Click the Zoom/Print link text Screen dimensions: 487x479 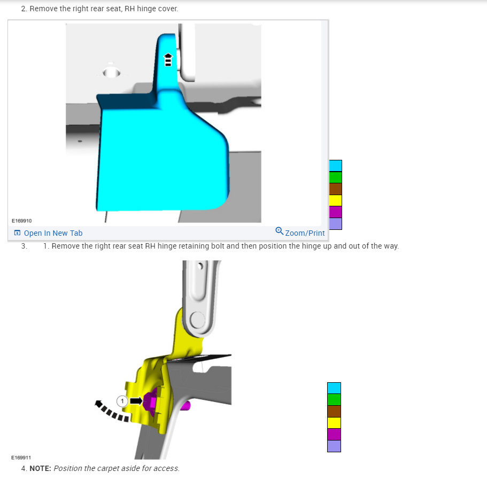305,233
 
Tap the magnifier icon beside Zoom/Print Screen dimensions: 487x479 279,231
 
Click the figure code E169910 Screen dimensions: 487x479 22,221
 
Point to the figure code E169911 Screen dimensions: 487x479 21,458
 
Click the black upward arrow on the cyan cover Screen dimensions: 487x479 168,60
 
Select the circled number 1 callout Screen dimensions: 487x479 122,401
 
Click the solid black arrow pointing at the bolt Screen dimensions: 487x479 136,401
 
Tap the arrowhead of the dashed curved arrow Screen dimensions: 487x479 98,404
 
